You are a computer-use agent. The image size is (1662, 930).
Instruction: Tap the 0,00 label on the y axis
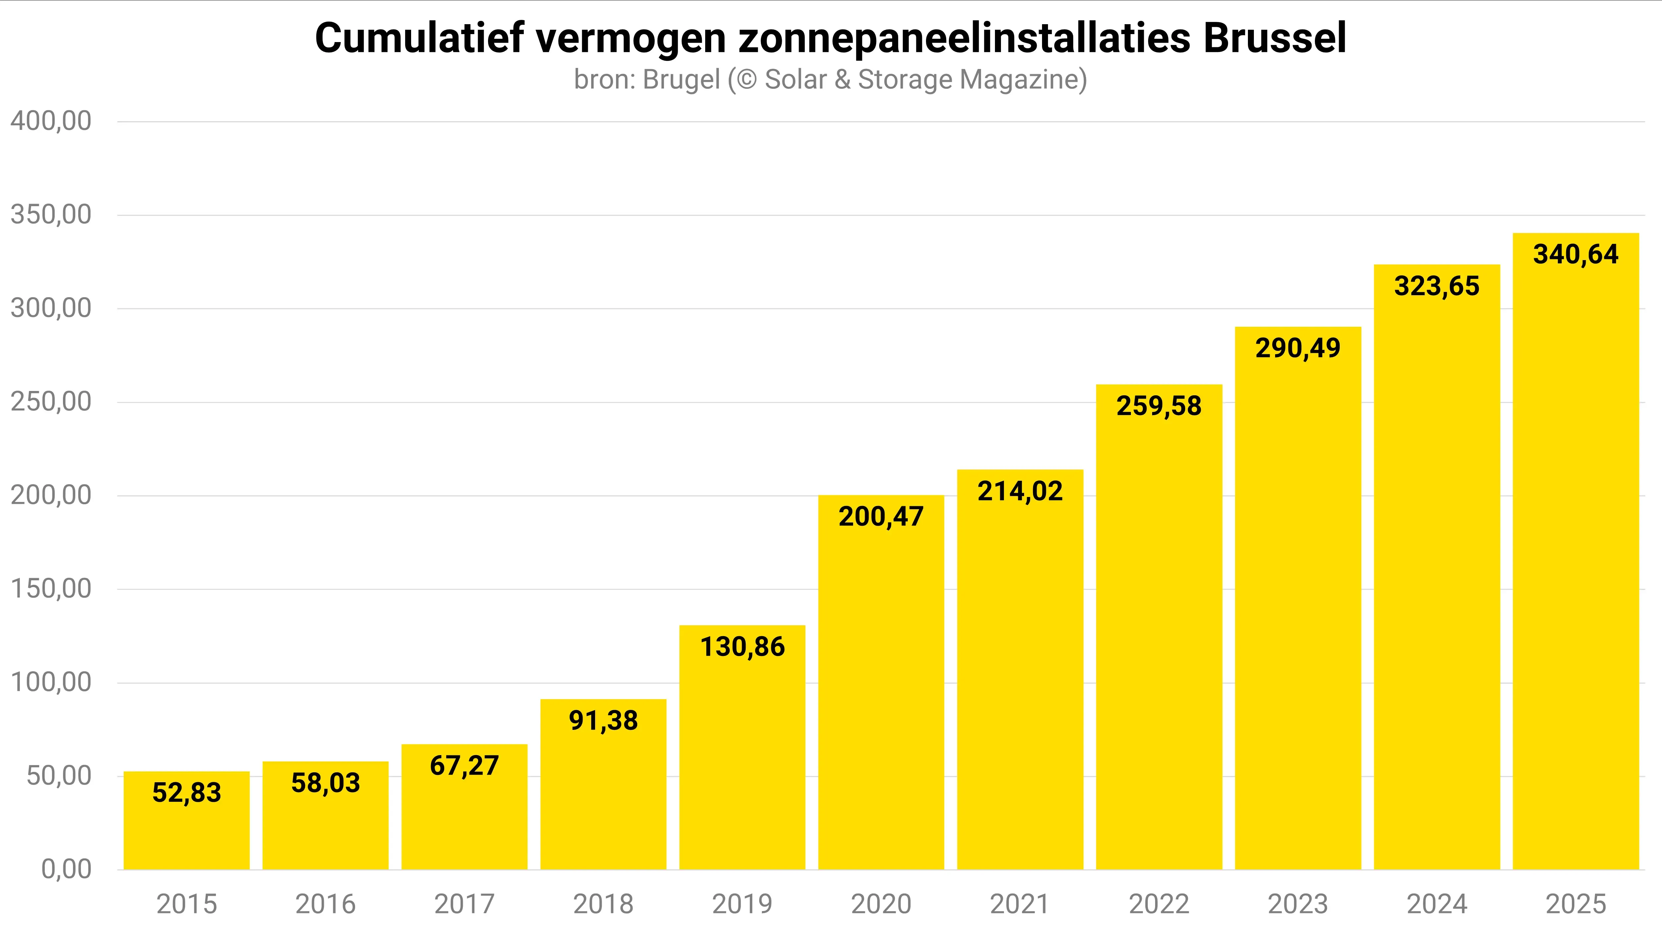66,869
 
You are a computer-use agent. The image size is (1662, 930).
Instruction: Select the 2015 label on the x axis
186,904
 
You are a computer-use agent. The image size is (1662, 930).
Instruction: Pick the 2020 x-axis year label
881,904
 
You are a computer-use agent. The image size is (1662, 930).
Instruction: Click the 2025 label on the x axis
1575,904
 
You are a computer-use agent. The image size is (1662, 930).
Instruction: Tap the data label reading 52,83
186,793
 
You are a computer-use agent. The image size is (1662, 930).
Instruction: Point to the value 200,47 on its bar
881,517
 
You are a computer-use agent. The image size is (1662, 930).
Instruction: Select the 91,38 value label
603,720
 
